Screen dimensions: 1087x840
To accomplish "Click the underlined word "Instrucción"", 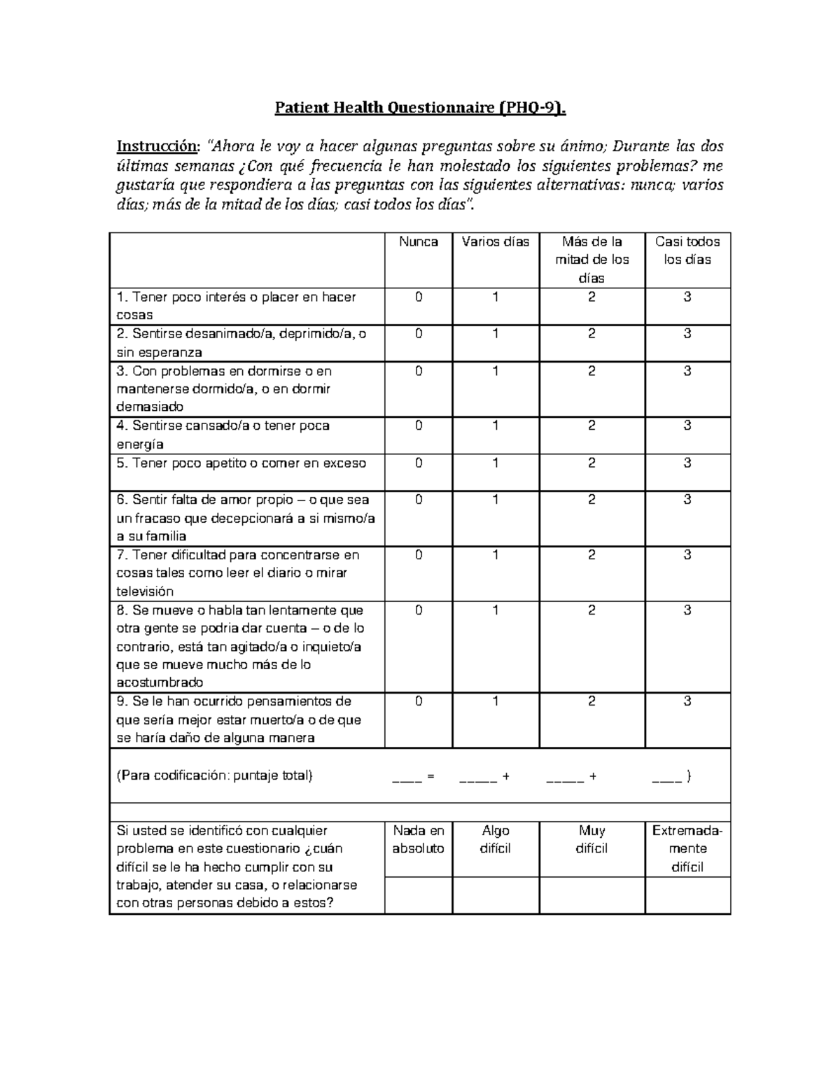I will point(157,146).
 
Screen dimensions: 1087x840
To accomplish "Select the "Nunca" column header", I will point(419,242).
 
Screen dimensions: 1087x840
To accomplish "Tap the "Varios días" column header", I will point(496,242).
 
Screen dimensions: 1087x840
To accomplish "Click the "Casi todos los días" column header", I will point(687,251).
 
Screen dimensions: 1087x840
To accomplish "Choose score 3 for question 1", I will point(687,297).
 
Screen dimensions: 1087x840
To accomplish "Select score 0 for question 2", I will point(419,334).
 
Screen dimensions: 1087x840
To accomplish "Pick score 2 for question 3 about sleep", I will point(591,371).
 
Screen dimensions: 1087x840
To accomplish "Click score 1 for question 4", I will point(496,426).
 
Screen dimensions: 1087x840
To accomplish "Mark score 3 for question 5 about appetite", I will point(687,463).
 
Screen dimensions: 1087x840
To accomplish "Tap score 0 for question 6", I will point(419,500).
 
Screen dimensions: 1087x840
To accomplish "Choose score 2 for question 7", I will point(591,555).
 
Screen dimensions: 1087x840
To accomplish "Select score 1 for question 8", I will point(496,610).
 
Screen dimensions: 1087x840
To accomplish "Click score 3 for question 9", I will point(687,701).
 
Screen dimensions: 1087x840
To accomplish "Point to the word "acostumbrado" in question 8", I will point(160,682).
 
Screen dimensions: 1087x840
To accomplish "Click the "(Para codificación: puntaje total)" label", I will point(214,776).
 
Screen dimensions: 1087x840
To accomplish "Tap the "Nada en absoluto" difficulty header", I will point(419,839).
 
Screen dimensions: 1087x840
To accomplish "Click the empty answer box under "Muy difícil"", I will point(591,895).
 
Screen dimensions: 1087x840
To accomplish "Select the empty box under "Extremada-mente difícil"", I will point(687,895).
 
